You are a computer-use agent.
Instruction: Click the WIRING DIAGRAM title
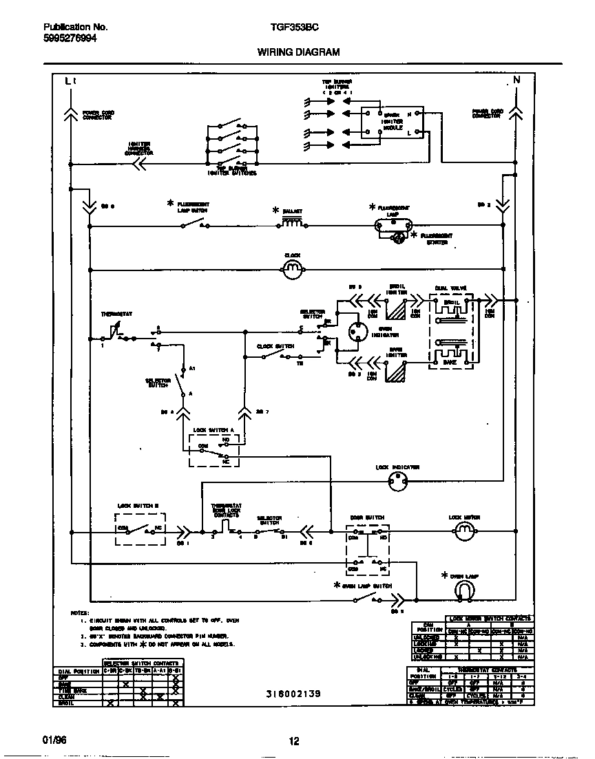(298, 52)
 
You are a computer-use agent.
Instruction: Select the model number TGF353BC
(289, 28)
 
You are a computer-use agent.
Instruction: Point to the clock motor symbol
(292, 268)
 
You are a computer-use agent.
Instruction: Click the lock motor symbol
(464, 531)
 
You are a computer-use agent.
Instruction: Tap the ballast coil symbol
(292, 223)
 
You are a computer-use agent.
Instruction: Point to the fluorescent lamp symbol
(390, 224)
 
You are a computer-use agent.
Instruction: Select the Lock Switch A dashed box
(213, 450)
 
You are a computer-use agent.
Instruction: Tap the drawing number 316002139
(293, 694)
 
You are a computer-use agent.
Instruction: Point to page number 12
(294, 741)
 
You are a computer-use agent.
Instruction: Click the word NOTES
(80, 612)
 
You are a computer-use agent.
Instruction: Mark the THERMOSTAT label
(117, 314)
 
